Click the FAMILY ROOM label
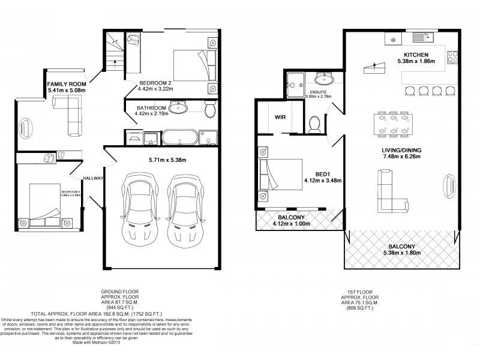pos(67,83)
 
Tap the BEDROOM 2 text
pos(155,83)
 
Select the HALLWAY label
pos(93,178)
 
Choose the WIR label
pos(280,118)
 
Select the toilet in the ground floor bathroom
pos(209,110)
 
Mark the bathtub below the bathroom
pos(178,138)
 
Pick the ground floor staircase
pos(114,51)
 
